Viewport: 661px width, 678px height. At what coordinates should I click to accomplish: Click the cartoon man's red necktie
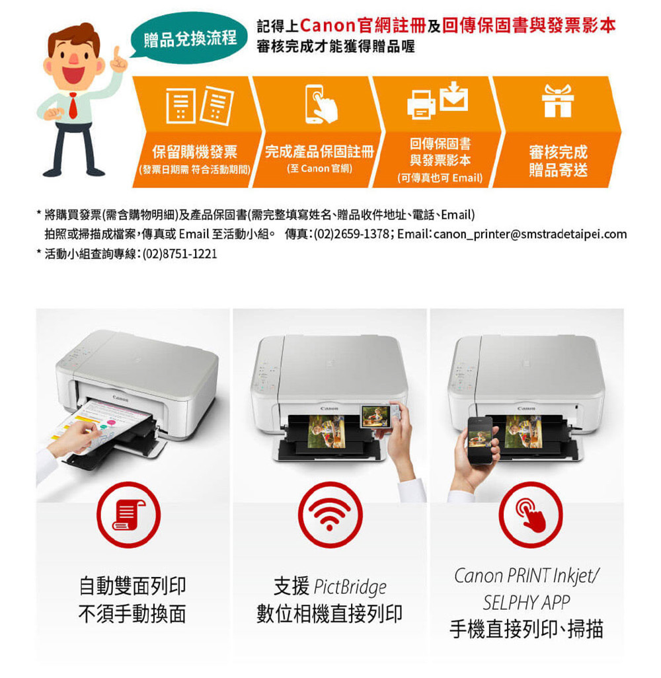point(73,106)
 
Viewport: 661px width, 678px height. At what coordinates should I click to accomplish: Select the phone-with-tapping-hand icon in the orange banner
point(321,104)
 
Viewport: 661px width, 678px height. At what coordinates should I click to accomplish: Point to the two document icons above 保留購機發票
point(200,106)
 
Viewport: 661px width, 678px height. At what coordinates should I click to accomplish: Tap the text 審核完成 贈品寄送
point(558,161)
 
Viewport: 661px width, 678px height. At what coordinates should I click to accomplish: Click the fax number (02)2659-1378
point(351,234)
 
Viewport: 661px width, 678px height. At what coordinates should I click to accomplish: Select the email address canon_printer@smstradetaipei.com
point(530,234)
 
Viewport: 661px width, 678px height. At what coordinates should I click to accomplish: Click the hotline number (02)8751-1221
point(180,253)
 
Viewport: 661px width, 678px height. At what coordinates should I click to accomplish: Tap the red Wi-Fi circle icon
point(330,515)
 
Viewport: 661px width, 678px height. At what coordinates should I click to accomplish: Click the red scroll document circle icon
point(128,515)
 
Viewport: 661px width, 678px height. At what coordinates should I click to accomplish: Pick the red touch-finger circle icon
point(531,515)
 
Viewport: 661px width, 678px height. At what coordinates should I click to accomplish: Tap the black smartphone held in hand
point(481,439)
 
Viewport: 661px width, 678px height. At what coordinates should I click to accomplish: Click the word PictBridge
point(350,587)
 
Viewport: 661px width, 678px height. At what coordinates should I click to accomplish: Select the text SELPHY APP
point(526,603)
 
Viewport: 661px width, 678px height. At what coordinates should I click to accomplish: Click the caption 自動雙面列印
point(132,586)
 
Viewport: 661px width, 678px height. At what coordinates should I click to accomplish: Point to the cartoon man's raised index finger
point(116,54)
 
